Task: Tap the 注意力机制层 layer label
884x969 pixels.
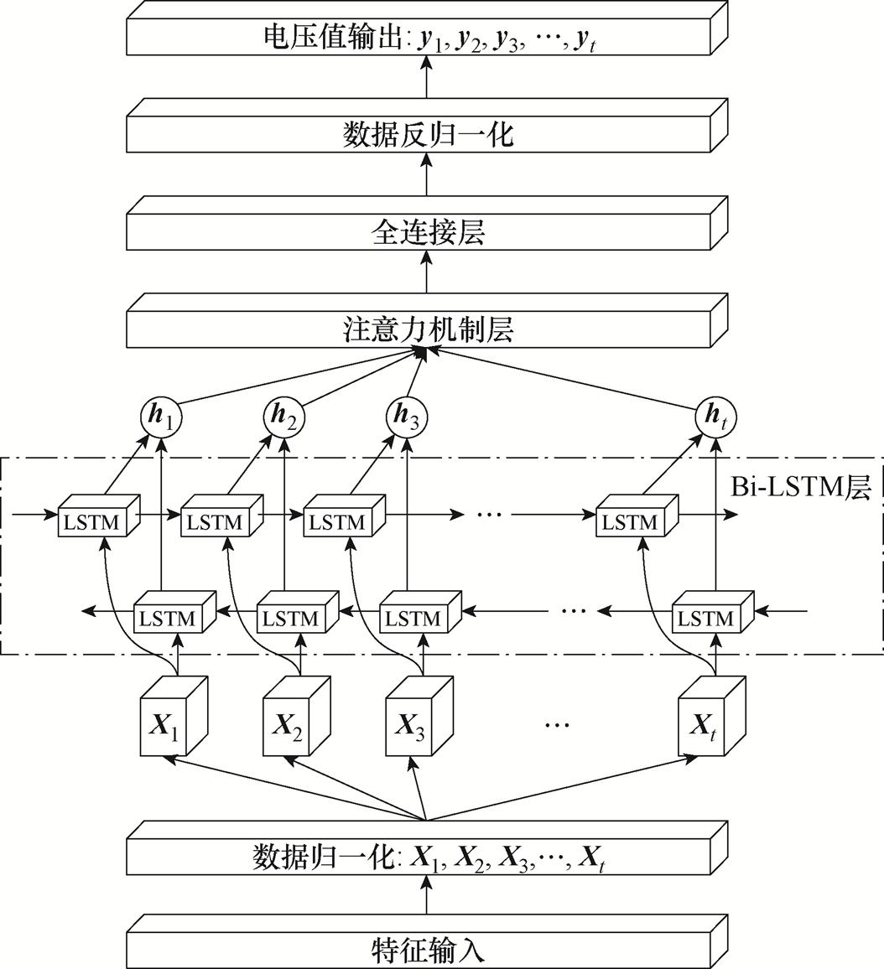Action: (427, 329)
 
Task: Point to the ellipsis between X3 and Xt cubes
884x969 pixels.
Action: (556, 723)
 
